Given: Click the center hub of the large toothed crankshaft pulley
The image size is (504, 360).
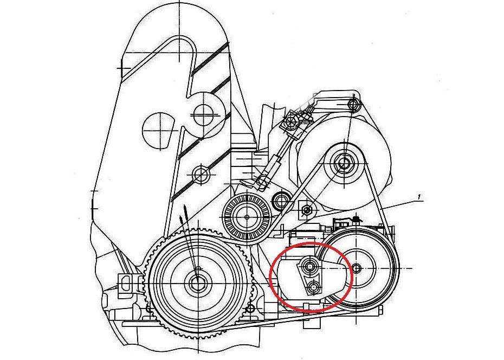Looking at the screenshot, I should [x=196, y=281].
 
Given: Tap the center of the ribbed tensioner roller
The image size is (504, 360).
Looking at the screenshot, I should [x=247, y=216].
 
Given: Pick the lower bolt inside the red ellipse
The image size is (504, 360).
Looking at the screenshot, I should [x=313, y=286].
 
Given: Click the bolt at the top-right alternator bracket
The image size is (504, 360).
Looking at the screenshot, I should [x=354, y=103].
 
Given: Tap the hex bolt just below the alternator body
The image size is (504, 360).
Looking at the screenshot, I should [x=307, y=209].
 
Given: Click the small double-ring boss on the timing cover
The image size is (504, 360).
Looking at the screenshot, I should [x=202, y=175].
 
